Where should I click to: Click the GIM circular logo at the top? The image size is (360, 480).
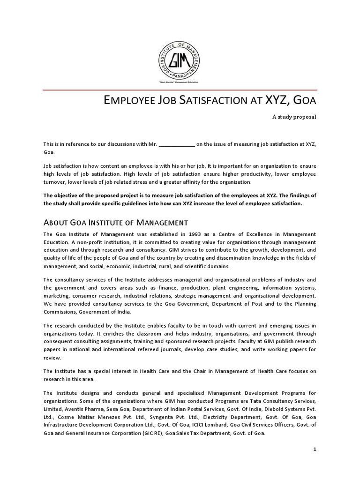[180, 60]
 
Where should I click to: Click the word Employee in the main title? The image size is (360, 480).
[126, 100]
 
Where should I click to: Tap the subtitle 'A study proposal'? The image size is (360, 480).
[294, 117]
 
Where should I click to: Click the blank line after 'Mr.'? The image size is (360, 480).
[177, 144]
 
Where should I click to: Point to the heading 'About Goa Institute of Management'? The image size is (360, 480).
[116, 222]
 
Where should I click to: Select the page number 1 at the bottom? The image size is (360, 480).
[315, 449]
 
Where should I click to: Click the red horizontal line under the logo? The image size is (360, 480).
[180, 89]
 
